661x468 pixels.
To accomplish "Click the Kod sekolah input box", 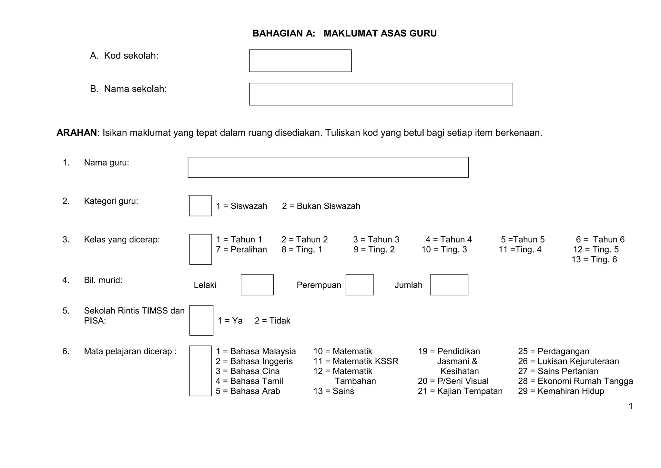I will click(x=300, y=61).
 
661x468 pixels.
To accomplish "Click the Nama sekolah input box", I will click(x=381, y=94).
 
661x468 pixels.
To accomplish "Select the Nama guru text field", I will click(x=328, y=167).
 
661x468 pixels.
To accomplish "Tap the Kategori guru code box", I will click(x=200, y=206).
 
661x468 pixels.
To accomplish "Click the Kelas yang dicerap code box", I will click(x=200, y=249).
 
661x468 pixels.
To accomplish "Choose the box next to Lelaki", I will click(x=257, y=285).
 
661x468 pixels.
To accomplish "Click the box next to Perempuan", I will click(x=360, y=285).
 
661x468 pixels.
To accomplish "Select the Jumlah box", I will click(x=449, y=285).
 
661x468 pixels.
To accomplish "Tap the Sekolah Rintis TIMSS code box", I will click(x=201, y=320).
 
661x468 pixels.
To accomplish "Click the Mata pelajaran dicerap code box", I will click(x=200, y=371).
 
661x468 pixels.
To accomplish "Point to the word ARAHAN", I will click(x=77, y=133).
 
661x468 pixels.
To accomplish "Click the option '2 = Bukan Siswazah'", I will click(x=321, y=206).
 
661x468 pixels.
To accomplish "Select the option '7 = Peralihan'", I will click(x=241, y=250).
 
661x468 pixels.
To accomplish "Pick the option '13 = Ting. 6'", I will click(x=594, y=260).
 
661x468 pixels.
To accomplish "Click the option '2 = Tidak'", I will click(x=272, y=321).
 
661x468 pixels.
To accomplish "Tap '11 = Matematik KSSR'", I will click(x=356, y=361).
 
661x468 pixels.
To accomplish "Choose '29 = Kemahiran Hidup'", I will click(x=561, y=391).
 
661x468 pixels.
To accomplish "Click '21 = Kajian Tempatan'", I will click(x=460, y=391).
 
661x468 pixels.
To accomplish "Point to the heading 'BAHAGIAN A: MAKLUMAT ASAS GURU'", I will click(x=344, y=34).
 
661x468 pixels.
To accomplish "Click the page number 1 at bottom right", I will click(x=631, y=406).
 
